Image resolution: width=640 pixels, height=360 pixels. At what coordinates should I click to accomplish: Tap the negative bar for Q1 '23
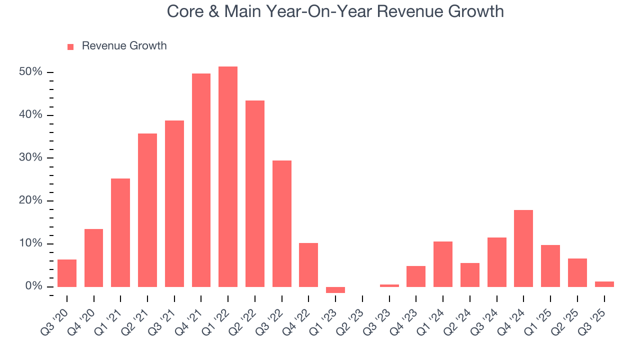pos(335,290)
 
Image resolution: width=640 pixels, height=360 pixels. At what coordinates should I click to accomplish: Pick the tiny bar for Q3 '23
pos(389,285)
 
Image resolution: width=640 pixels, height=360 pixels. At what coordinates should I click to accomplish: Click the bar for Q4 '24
pos(523,248)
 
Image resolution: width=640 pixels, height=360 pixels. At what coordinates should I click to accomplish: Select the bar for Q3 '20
pos(67,273)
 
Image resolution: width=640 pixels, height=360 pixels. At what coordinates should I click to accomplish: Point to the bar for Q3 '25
pos(604,284)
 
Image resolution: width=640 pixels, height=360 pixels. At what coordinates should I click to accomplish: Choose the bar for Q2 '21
pos(147,210)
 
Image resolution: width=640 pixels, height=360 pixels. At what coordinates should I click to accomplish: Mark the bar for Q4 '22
pos(308,264)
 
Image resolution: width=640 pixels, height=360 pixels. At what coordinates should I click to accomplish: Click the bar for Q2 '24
pos(470,274)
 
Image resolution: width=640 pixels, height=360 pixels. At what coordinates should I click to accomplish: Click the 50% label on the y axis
pos(31,72)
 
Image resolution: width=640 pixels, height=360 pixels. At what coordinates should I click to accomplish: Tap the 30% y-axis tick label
pos(31,158)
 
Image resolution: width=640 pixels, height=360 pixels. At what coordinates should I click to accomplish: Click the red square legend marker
pos(70,46)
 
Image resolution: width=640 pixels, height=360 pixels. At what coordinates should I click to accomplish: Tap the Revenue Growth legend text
pos(124,46)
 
